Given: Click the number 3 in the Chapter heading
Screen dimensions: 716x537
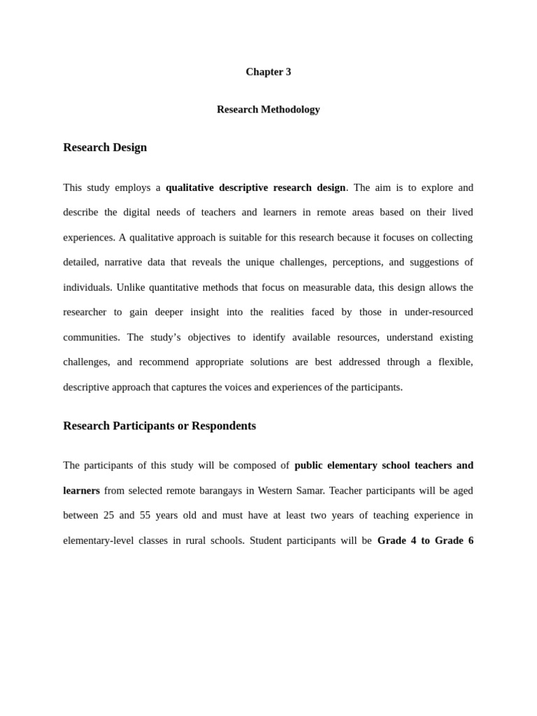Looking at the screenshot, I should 287,72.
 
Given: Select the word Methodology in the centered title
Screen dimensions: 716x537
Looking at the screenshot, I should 291,110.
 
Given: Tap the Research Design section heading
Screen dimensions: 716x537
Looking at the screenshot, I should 105,148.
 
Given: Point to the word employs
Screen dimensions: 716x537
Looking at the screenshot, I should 133,187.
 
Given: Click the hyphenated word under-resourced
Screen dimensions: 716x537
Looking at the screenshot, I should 438,312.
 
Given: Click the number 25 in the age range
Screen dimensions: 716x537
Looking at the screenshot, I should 108,515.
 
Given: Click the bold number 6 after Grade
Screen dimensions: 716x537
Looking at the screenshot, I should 470,540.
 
